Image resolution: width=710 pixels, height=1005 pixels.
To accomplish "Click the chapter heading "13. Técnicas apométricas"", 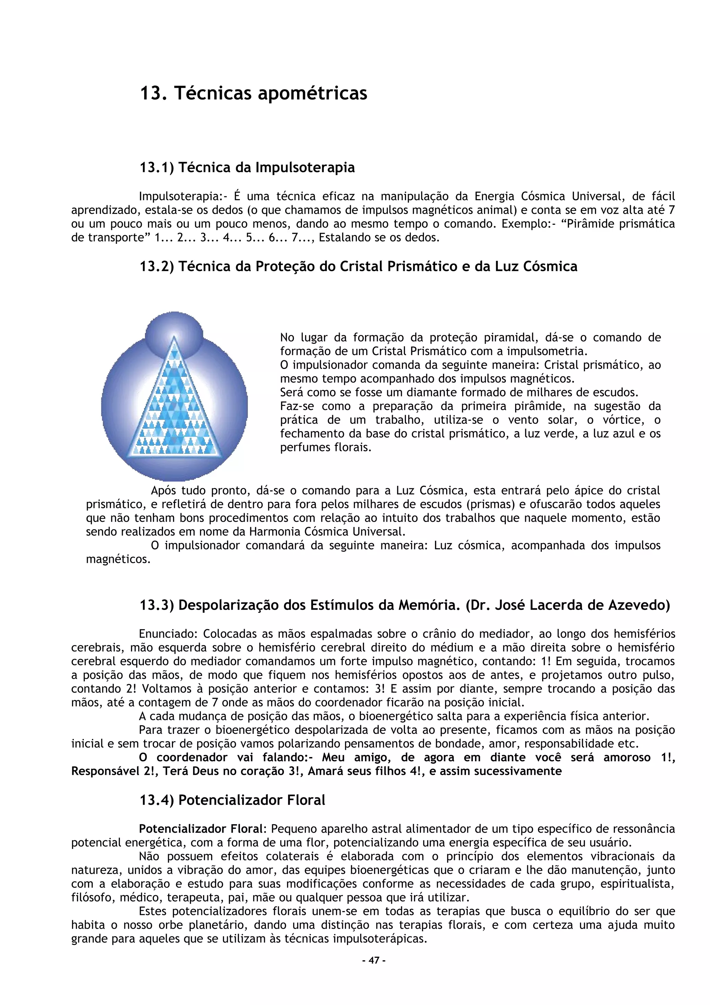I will click(253, 93).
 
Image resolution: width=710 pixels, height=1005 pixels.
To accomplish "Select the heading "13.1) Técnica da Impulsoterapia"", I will click(247, 167).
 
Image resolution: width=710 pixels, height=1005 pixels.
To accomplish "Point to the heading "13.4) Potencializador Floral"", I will click(232, 800).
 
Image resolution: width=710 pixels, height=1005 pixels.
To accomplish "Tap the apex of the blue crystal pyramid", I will click(174, 338).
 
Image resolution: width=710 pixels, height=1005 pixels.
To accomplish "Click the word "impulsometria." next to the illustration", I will click(543, 351).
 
